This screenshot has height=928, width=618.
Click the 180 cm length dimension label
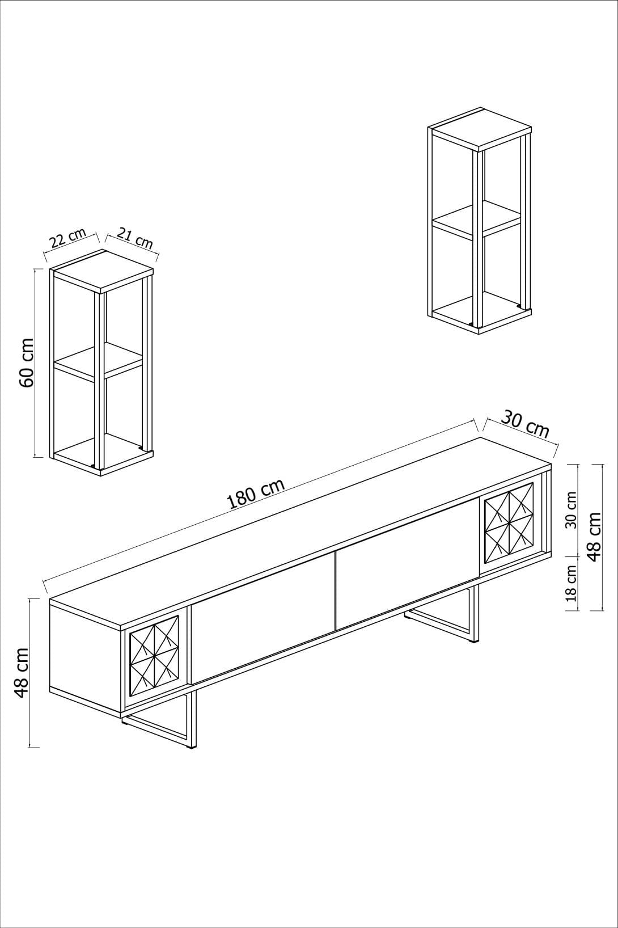pyautogui.click(x=255, y=493)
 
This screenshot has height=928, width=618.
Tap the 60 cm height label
pyautogui.click(x=27, y=363)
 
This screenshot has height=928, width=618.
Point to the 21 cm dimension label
pyautogui.click(x=135, y=238)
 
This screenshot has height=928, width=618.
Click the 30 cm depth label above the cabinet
pyautogui.click(x=525, y=425)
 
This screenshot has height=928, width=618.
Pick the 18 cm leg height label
pyautogui.click(x=571, y=583)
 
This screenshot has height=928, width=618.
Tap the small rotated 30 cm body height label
pyautogui.click(x=571, y=510)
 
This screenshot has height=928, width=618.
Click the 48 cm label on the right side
pyautogui.click(x=594, y=536)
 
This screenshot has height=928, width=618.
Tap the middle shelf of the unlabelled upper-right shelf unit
pyautogui.click(x=476, y=218)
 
